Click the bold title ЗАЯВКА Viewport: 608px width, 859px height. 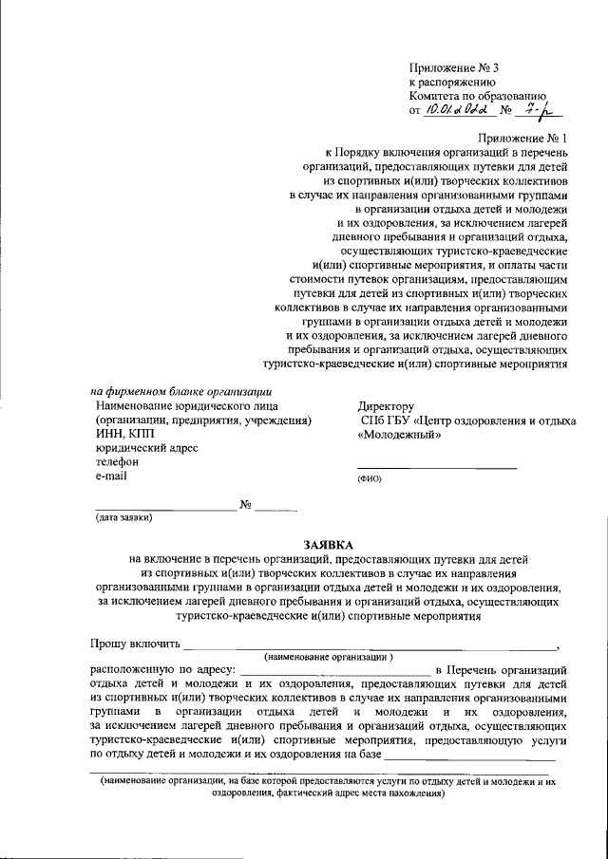[x=328, y=545]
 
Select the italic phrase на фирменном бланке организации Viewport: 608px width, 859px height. [x=181, y=391]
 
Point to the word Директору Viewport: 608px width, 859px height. [x=385, y=406]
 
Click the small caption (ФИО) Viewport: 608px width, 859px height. [x=369, y=479]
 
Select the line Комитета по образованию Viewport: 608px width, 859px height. [x=477, y=96]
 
